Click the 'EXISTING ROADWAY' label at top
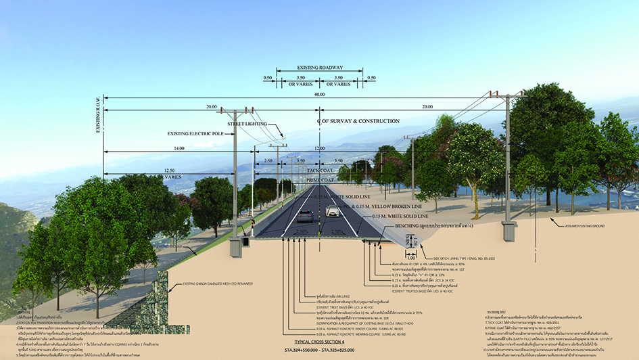(319, 68)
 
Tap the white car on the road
(332, 212)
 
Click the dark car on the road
(306, 216)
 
